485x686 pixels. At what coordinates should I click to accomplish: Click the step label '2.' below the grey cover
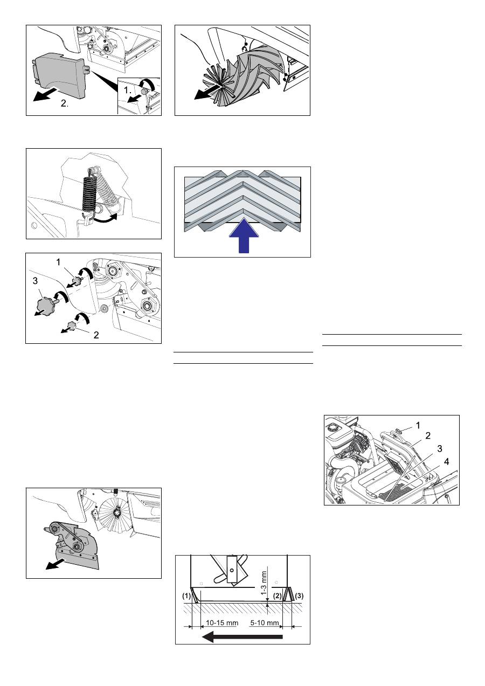coord(65,103)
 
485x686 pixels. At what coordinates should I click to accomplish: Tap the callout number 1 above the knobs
coord(58,262)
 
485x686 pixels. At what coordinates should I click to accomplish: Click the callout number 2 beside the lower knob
coord(96,335)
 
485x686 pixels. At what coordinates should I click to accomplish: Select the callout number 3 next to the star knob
coord(35,281)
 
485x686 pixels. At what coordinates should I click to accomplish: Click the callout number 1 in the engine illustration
coord(418,425)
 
